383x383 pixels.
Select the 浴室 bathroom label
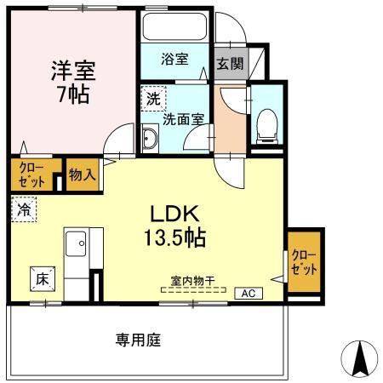(176, 60)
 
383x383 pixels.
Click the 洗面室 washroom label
(180, 119)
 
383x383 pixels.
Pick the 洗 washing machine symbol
(152, 99)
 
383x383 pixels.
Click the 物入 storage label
(82, 175)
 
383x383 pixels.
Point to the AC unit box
(249, 293)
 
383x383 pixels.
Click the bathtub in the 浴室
(176, 27)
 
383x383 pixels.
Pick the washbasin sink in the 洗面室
(150, 138)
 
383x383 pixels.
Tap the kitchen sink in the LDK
(74, 245)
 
